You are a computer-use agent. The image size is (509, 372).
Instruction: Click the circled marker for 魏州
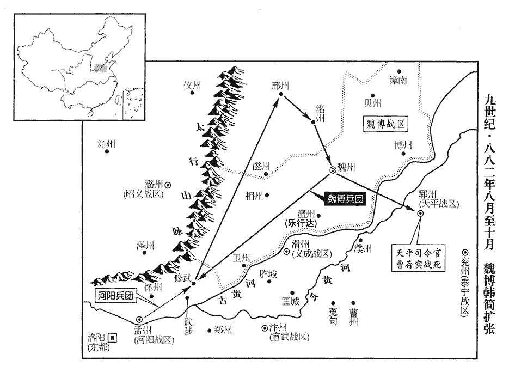333,169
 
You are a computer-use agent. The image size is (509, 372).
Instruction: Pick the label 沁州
107,144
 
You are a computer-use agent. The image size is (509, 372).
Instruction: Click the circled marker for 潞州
168,184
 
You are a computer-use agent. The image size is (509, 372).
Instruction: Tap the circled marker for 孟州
140,320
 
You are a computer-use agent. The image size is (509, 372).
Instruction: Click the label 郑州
223,330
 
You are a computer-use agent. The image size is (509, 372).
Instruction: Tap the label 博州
403,145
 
